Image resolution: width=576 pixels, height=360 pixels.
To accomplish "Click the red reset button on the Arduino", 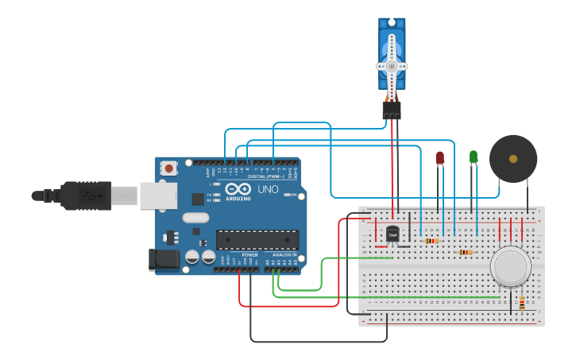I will (x=168, y=168).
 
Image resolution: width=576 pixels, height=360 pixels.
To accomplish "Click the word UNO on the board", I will (x=268, y=189).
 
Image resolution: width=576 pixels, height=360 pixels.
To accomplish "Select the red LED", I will (x=440, y=158).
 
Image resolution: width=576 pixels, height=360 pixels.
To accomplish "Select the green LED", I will (x=474, y=157).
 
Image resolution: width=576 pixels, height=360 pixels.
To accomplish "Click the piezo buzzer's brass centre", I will (x=513, y=158).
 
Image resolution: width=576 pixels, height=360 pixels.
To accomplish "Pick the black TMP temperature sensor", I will (x=392, y=234).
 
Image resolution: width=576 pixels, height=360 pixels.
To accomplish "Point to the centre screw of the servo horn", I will (x=392, y=65).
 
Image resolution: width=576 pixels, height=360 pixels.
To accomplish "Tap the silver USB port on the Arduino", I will (x=158, y=195).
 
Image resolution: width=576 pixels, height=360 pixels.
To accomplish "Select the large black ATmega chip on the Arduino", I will (x=257, y=239).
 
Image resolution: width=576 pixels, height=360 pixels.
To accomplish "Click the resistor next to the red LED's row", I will (x=431, y=241).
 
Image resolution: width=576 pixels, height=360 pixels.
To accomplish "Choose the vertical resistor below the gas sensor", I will (x=522, y=303).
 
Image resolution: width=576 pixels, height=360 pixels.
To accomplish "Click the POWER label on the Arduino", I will (x=249, y=254).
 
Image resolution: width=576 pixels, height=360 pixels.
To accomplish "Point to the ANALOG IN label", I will (x=284, y=254).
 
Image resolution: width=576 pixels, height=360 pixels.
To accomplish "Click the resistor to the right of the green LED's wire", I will (x=466, y=252).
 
